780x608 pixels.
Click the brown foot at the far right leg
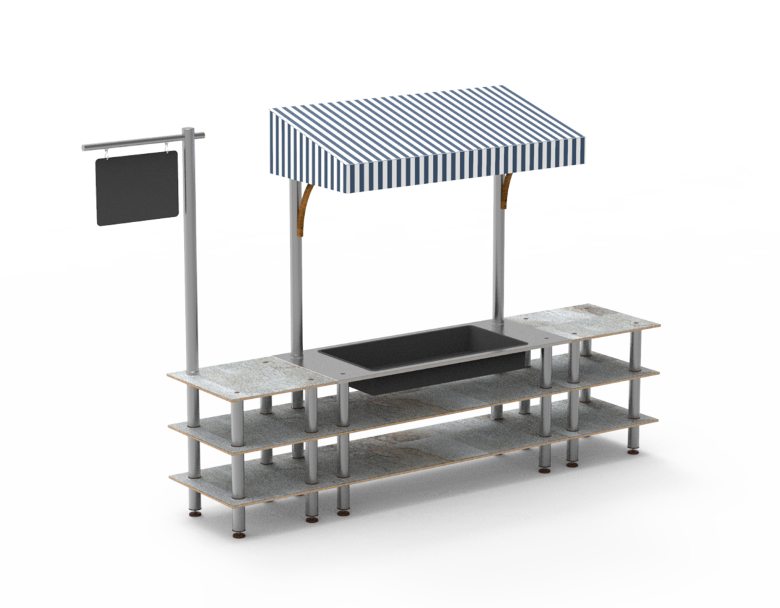click(633, 450)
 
